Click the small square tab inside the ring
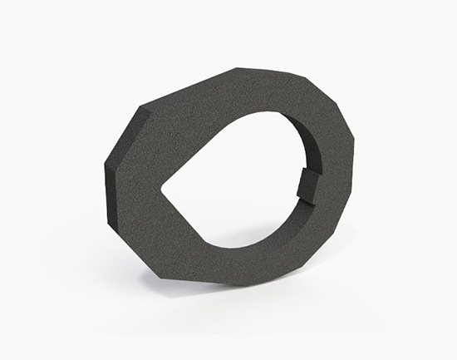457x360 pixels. (307, 185)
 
